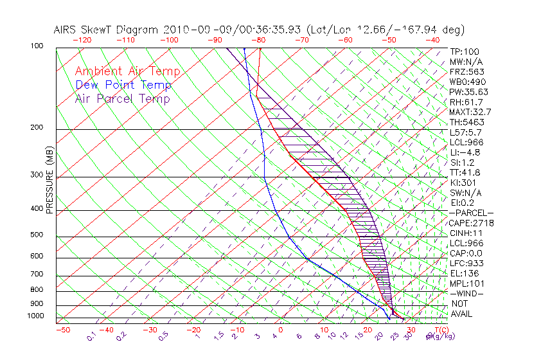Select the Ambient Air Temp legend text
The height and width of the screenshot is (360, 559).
click(x=127, y=71)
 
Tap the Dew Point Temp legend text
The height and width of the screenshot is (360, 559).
click(x=123, y=85)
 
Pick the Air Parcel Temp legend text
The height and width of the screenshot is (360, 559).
click(x=122, y=98)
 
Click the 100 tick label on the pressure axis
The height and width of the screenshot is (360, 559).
click(x=36, y=46)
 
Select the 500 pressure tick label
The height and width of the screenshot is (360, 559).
click(x=36, y=235)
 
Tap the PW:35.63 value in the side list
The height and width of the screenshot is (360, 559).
click(x=468, y=92)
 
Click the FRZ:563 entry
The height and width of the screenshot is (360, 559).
click(x=466, y=71)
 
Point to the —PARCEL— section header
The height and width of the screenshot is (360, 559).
click(x=471, y=213)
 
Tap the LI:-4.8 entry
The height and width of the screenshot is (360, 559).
click(x=464, y=152)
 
